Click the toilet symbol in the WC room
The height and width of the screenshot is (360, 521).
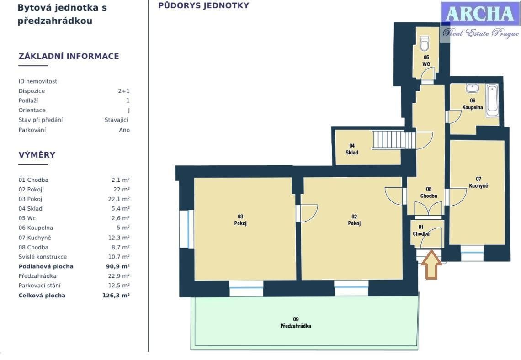coord(424,43)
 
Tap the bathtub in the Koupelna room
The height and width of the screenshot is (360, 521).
coord(492,100)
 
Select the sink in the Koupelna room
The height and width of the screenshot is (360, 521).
coord(473,88)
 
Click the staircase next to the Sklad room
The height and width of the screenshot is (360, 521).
coord(393,139)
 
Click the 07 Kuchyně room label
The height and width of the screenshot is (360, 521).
coord(478,182)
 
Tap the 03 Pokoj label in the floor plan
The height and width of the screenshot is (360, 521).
coord(240,220)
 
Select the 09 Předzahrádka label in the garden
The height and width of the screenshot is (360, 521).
coord(296,323)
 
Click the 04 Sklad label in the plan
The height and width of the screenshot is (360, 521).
coord(352,149)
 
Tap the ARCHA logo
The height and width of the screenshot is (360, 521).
coord(479,15)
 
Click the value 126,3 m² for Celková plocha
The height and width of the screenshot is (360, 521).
coord(116,296)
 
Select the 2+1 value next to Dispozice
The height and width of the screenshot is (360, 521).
coord(123,91)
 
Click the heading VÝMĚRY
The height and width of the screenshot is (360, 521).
coord(37,155)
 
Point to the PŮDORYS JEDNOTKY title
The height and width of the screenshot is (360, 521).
coord(203,5)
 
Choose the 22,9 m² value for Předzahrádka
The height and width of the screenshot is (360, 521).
coord(117,276)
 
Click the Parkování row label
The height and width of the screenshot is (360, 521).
coord(32,130)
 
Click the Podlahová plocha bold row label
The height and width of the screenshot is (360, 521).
coord(46,266)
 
